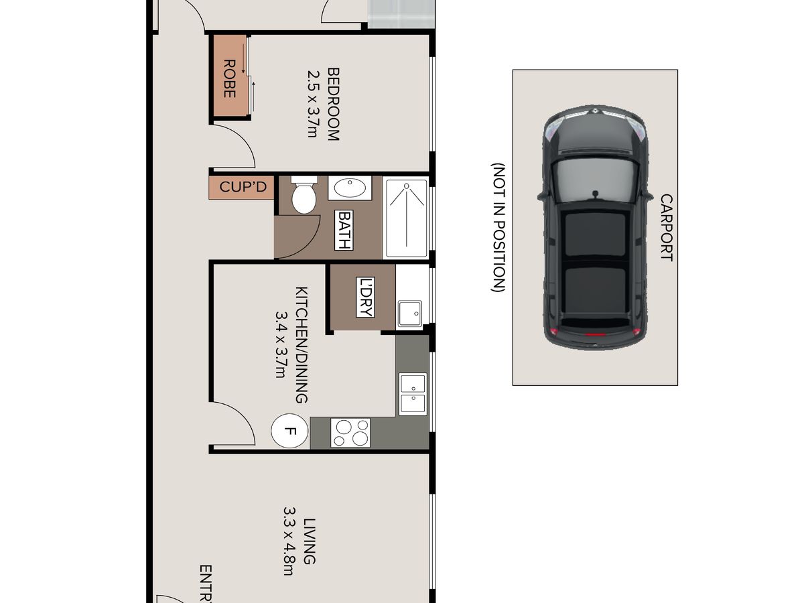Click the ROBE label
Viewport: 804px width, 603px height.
[229, 78]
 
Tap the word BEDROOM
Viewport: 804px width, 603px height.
[333, 104]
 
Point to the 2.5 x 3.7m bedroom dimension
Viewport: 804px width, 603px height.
[313, 104]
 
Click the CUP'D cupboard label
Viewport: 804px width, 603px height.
[243, 187]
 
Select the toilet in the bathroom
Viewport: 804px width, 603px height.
[304, 195]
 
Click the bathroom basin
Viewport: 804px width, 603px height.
[350, 188]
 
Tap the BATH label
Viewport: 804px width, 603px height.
[344, 230]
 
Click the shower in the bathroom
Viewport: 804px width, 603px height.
[406, 218]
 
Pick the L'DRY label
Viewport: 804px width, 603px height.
[365, 297]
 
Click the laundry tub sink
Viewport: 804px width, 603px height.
[410, 314]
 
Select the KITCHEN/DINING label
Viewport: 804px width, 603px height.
[301, 345]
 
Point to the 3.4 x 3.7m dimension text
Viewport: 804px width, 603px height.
[281, 345]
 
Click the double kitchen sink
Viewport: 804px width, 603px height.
[413, 394]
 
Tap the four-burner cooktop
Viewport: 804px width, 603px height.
[350, 433]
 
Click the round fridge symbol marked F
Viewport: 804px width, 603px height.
[289, 431]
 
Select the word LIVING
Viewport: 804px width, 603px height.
[310, 541]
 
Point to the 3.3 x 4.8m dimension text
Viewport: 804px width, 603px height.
[289, 541]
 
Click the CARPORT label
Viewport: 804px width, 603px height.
[667, 227]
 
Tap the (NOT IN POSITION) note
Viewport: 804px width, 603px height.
[498, 227]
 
